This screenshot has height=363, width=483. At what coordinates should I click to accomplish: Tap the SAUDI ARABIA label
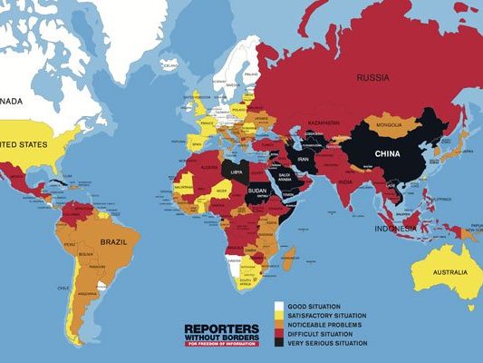coord(285,175)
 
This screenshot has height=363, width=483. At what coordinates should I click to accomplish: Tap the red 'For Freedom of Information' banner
coord(221,344)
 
